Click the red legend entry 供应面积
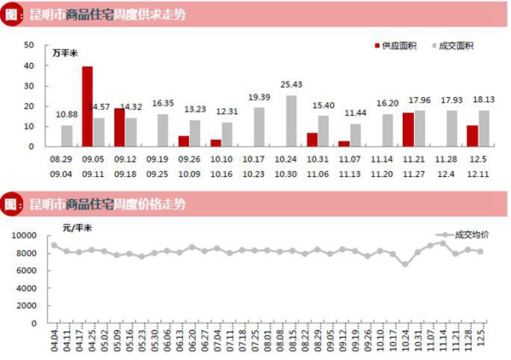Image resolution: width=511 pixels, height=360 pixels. [x=398, y=45]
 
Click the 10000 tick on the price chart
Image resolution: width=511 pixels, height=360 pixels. [x=25, y=235]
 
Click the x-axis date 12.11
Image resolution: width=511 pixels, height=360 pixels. [x=478, y=173]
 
